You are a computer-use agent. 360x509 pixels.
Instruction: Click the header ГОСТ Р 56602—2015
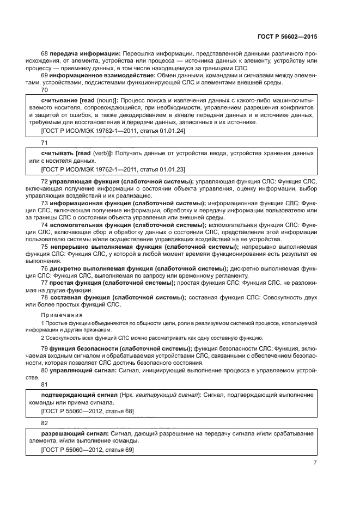tap(288, 36)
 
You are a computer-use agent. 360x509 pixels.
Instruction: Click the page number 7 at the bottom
tap(315, 462)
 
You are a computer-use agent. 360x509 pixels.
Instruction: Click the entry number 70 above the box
tap(45, 90)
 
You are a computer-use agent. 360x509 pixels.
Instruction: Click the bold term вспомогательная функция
tap(89, 225)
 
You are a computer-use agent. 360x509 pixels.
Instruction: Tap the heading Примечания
tap(62, 315)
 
